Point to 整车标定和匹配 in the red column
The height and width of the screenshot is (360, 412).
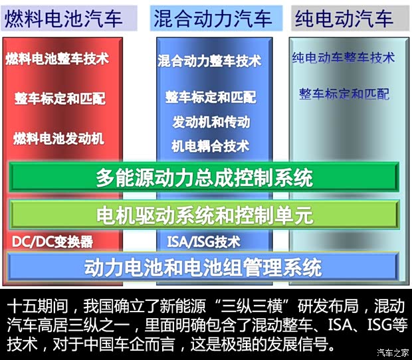[x=60, y=99]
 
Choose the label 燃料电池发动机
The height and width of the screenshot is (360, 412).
[x=58, y=139]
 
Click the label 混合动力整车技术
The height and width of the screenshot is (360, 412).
[x=209, y=62]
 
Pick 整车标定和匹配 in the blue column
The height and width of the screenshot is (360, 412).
[x=211, y=97]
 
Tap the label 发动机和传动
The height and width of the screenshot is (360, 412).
[x=211, y=122]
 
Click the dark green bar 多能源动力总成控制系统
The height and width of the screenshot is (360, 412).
[x=204, y=177]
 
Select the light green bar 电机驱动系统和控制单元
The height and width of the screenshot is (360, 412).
[x=204, y=215]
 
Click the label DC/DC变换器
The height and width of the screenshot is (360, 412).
[x=52, y=241]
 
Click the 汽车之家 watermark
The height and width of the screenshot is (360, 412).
[x=392, y=352]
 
